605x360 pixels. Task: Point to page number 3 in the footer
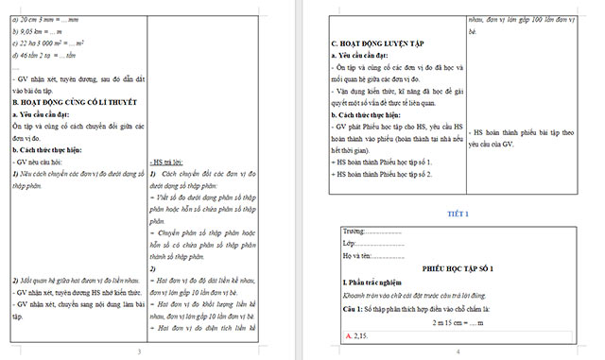(x=139, y=351)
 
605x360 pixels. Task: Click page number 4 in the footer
(x=458, y=351)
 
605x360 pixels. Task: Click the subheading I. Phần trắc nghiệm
(x=373, y=283)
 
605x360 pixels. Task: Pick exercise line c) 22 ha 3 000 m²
(x=52, y=44)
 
